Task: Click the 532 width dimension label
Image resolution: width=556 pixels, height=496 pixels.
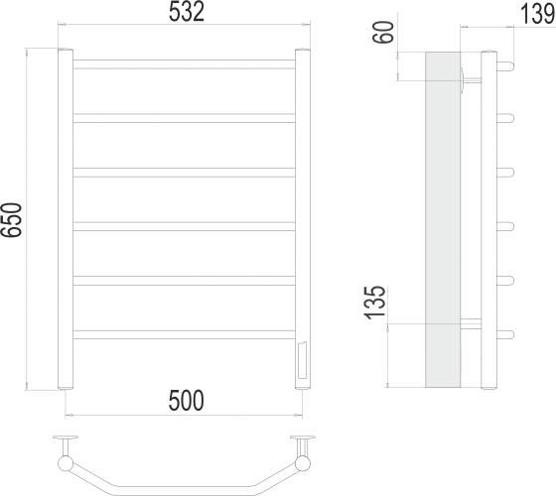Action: pos(187,13)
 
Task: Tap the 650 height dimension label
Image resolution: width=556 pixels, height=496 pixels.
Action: pos(11,219)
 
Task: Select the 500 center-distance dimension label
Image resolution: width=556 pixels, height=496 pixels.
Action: pos(187,401)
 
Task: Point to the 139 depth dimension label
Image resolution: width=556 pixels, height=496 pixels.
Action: pos(537,15)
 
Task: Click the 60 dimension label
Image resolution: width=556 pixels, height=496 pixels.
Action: pos(384,32)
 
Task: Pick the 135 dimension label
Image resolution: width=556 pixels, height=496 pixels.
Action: pos(375,303)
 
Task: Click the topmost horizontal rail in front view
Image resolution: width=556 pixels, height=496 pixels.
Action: pos(184,64)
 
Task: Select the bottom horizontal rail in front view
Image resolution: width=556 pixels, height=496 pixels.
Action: pos(184,335)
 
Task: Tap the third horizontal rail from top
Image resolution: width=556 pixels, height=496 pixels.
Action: pos(184,173)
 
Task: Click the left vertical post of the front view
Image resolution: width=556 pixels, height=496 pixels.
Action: pos(66,219)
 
